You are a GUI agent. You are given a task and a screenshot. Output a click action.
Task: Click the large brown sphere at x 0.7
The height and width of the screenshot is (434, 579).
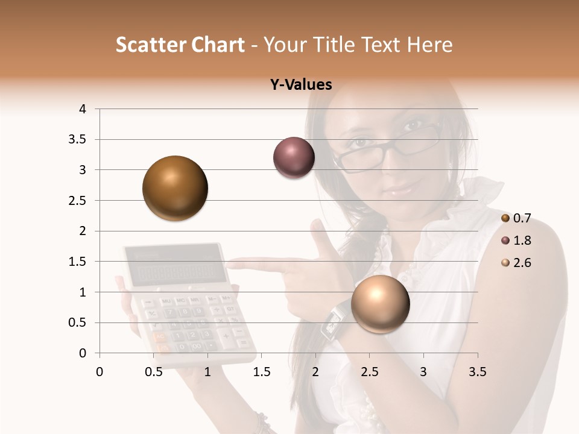tap(176, 188)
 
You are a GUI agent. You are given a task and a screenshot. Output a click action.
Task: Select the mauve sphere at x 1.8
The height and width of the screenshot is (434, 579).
tap(294, 158)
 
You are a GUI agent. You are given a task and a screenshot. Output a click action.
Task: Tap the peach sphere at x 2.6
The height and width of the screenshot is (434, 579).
tap(380, 304)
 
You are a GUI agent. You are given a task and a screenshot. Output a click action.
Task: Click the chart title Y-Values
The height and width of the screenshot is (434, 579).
tap(300, 85)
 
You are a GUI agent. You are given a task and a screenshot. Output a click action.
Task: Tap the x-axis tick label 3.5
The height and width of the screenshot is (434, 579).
tap(477, 372)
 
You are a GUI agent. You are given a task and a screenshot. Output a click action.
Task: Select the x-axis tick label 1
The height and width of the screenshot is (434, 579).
tap(207, 372)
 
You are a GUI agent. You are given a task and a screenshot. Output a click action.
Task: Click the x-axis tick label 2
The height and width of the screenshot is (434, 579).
tap(315, 372)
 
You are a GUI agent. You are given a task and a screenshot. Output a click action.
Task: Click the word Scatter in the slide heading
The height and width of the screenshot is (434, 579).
tap(147, 45)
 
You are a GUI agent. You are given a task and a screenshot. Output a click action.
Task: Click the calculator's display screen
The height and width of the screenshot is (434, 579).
tap(172, 273)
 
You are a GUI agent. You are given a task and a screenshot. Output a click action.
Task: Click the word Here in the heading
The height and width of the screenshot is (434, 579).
tap(429, 45)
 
